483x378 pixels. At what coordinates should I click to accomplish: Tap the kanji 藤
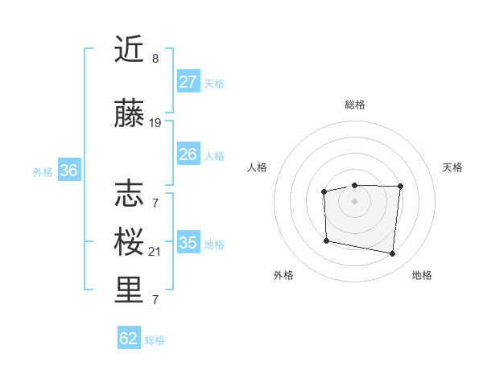click(x=130, y=115)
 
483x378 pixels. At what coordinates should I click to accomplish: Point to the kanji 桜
click(x=130, y=242)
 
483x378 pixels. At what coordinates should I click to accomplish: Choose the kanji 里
click(x=130, y=292)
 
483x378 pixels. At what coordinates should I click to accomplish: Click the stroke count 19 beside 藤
click(x=155, y=123)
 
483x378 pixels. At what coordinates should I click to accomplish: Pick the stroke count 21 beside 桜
click(x=155, y=252)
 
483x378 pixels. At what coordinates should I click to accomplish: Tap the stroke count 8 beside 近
click(x=155, y=59)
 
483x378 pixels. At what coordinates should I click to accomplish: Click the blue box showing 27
click(x=188, y=82)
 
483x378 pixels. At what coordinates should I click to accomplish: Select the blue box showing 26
click(x=188, y=154)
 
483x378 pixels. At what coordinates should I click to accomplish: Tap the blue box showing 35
click(x=188, y=243)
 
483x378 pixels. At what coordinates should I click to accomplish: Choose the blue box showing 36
click(x=69, y=171)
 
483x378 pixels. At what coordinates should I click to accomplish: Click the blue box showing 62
click(x=129, y=339)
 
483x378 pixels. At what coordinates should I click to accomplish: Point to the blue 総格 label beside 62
click(x=155, y=340)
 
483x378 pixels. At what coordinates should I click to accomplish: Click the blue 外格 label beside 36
click(x=43, y=171)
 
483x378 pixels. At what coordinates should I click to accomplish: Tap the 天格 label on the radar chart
click(x=453, y=167)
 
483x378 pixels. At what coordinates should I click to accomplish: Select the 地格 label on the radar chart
click(x=422, y=275)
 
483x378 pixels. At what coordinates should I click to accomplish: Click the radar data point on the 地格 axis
click(x=392, y=254)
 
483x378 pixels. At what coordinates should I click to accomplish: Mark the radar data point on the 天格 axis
click(x=401, y=187)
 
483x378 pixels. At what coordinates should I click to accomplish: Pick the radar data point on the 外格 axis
click(x=326, y=240)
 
